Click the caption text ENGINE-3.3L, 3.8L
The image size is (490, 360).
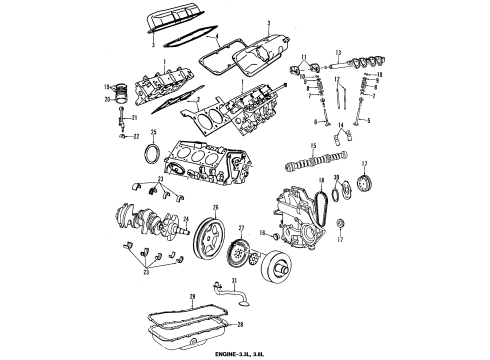(x=245, y=353)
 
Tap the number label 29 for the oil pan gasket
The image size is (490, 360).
(x=190, y=296)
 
